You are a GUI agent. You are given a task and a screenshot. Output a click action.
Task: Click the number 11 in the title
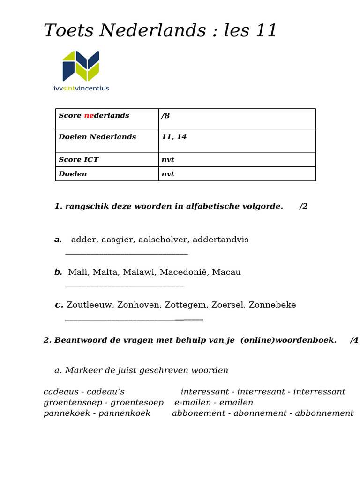[266, 31]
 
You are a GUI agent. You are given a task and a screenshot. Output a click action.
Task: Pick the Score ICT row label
[78, 160]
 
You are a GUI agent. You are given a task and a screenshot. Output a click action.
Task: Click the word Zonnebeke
[272, 305]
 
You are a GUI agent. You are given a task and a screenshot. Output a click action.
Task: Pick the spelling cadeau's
[106, 392]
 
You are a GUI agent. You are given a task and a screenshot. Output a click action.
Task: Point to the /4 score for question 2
[354, 340]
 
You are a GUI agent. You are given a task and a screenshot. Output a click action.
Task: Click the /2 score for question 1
[303, 207]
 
